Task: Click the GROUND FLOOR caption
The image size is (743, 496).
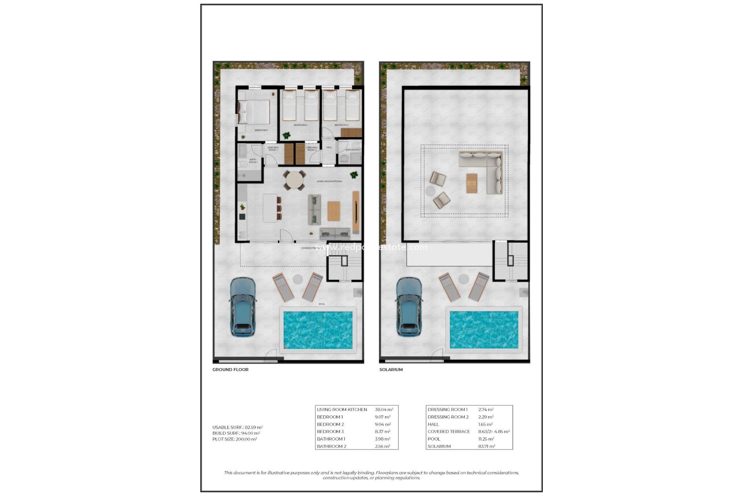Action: point(230,370)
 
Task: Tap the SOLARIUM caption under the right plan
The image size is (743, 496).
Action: point(391,370)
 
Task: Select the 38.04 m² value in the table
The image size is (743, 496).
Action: point(384,410)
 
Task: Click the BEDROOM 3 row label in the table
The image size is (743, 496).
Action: point(330,432)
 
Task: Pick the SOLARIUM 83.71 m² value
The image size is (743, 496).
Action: point(486,446)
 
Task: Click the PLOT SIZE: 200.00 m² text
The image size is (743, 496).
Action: point(235,439)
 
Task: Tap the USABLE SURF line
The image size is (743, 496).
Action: point(237,427)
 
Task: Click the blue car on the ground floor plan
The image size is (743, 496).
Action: point(243,306)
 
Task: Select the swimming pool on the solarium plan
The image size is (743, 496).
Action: point(484,330)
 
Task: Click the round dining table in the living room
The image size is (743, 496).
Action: point(294,181)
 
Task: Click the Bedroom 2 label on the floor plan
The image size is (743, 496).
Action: point(300,125)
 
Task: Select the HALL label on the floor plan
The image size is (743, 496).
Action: point(329,147)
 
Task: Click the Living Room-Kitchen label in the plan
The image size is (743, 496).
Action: point(329,181)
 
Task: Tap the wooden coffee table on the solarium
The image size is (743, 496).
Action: point(472,183)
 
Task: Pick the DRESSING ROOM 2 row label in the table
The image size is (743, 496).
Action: point(448,417)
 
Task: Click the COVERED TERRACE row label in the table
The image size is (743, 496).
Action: point(449,432)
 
